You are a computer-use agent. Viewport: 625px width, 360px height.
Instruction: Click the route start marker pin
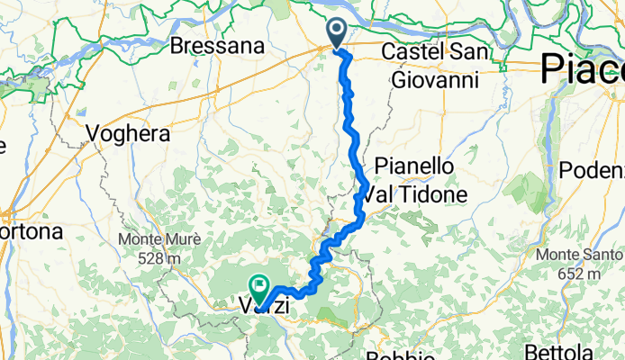[x=338, y=32]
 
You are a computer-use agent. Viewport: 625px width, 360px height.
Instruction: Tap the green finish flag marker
[x=259, y=288]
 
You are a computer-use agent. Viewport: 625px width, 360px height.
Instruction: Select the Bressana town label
[x=216, y=45]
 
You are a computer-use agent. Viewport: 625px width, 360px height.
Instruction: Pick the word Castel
[x=409, y=52]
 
